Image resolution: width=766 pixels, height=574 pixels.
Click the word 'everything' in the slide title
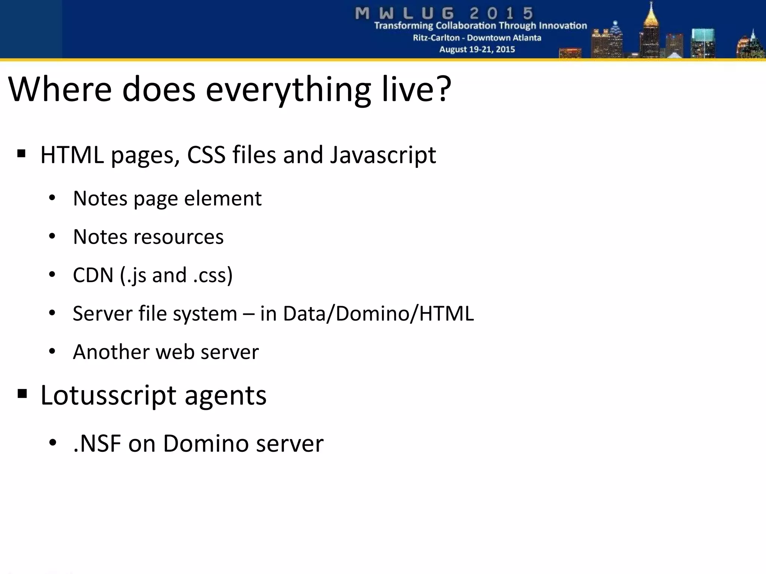pyautogui.click(x=288, y=90)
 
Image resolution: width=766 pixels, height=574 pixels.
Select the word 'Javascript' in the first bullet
pyautogui.click(x=383, y=155)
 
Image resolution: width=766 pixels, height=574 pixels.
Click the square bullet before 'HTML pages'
pyautogui.click(x=21, y=154)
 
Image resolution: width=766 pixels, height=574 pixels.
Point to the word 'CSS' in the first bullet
pyautogui.click(x=206, y=155)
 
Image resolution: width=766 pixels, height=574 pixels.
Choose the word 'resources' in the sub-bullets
pyautogui.click(x=178, y=237)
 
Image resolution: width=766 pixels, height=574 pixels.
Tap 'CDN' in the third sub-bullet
pyautogui.click(x=93, y=275)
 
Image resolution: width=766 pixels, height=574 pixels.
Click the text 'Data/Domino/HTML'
pyautogui.click(x=378, y=313)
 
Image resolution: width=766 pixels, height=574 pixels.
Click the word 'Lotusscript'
pyautogui.click(x=108, y=395)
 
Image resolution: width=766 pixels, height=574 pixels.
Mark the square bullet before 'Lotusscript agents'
pyautogui.click(x=22, y=394)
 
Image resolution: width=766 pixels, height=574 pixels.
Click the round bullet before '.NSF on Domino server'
pyautogui.click(x=52, y=443)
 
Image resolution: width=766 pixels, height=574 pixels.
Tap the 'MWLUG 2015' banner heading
pyautogui.click(x=444, y=13)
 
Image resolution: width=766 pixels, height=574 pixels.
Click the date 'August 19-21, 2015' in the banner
pyautogui.click(x=477, y=49)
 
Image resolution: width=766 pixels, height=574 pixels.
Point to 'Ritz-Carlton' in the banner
pyautogui.click(x=436, y=38)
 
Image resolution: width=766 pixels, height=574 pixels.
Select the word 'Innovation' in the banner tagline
pyautogui.click(x=565, y=26)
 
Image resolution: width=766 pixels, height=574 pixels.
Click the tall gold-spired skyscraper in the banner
pyautogui.click(x=651, y=32)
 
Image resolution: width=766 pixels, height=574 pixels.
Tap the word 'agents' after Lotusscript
pyautogui.click(x=226, y=395)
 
